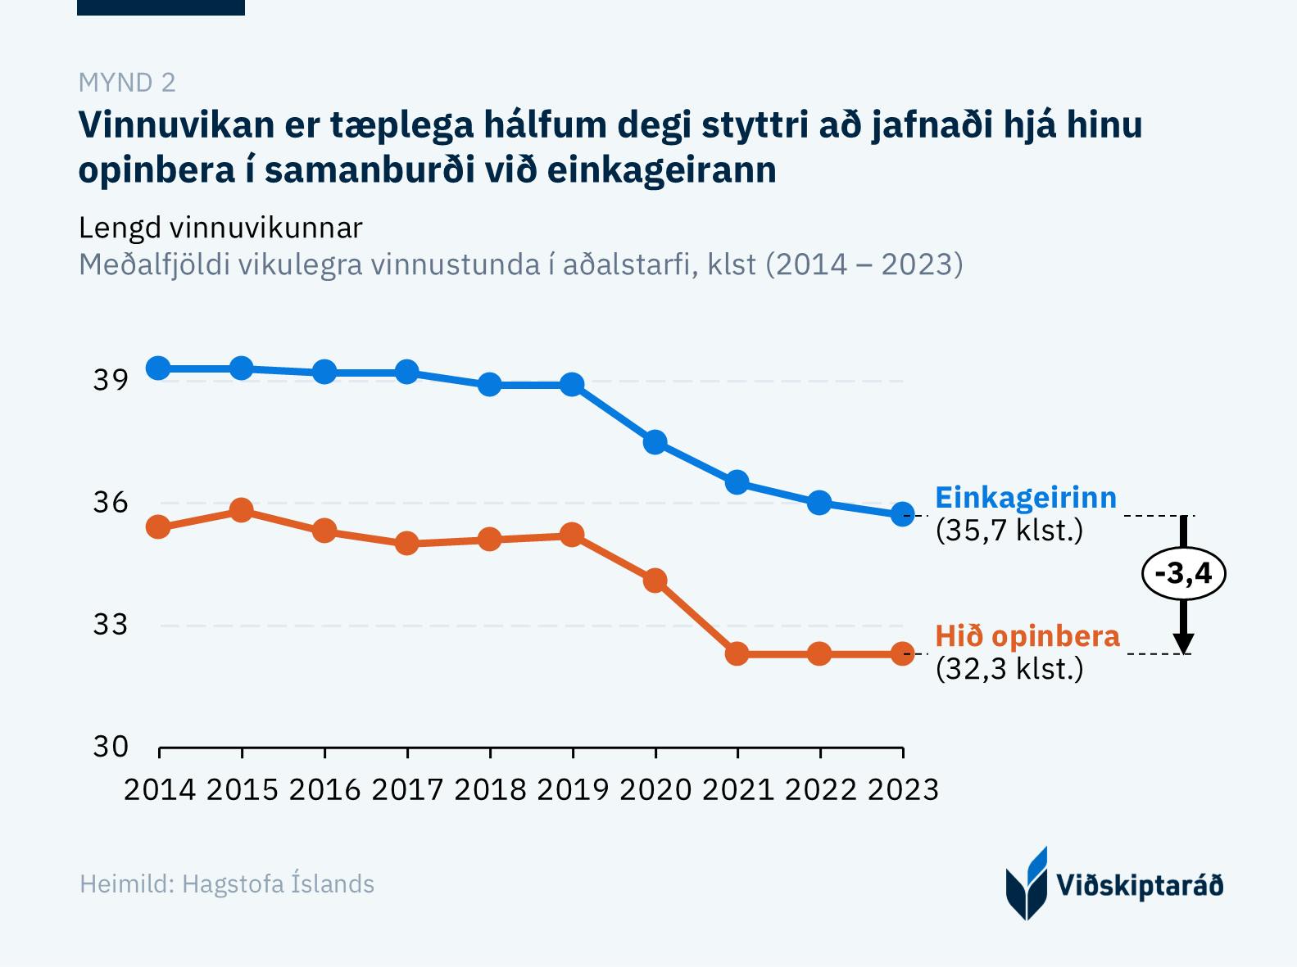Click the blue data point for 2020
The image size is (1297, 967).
[x=655, y=442]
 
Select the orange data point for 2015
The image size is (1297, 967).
[x=241, y=511]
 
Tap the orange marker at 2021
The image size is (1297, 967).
[x=737, y=653]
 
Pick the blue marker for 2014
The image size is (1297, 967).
[x=158, y=368]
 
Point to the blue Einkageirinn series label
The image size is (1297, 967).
[x=1026, y=498]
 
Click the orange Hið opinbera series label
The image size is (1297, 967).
[x=1027, y=636]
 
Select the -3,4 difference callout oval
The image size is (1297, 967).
[x=1182, y=573]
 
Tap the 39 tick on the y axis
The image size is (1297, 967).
[x=111, y=381]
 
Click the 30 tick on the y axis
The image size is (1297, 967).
[x=111, y=747]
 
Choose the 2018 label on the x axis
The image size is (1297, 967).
[x=489, y=789]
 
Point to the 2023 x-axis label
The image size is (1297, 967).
[x=903, y=789]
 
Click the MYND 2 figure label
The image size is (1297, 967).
[x=127, y=83]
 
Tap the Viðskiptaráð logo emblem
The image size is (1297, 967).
[x=1026, y=884]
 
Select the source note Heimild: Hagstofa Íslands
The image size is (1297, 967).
[x=227, y=884]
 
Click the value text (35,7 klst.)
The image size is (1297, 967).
[x=1009, y=531]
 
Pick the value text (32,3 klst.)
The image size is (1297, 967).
[x=1009, y=669]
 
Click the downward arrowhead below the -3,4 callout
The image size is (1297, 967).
[x=1182, y=643]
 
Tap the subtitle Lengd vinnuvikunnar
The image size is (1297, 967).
[x=220, y=228]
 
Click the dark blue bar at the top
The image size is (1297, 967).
[x=161, y=7]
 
